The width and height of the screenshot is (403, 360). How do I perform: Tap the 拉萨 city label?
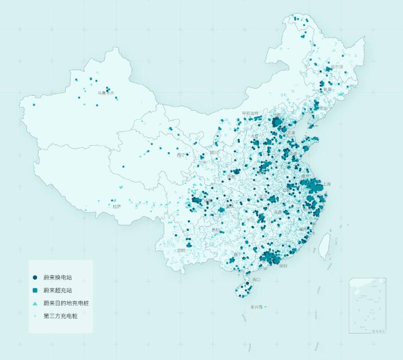[116, 206]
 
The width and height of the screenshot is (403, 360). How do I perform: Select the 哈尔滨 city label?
[336, 67]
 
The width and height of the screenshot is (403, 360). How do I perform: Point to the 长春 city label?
[327, 89]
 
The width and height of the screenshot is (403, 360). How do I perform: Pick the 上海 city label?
[327, 184]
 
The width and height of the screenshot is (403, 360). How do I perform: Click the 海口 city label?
[256, 279]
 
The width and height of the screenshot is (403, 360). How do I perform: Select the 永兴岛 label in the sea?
[256, 306]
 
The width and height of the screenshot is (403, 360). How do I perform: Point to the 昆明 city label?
[181, 250]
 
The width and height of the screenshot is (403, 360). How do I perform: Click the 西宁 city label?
[181, 155]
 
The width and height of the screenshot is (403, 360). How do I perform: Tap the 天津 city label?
[291, 133]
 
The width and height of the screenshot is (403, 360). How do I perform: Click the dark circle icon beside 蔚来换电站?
[35, 277]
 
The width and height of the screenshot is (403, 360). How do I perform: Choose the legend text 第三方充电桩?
[61, 316]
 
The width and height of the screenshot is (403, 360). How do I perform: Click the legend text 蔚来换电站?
[58, 277]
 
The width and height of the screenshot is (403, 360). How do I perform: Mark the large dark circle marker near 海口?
[247, 284]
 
